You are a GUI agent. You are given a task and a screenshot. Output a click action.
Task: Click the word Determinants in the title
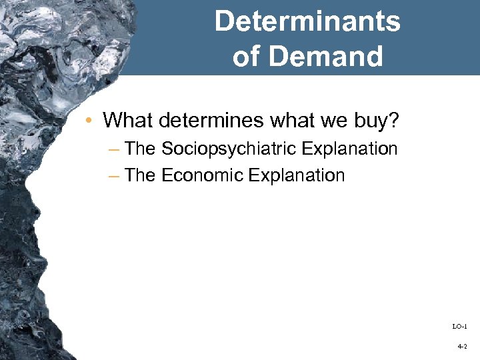(307, 21)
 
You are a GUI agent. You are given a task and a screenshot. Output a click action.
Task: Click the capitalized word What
(127, 120)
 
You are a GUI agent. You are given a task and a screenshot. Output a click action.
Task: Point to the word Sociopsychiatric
(229, 149)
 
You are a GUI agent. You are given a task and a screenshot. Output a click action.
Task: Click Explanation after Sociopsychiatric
(349, 149)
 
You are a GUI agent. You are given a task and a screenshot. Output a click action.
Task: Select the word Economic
(202, 175)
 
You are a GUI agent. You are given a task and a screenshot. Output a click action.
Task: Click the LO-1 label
(460, 326)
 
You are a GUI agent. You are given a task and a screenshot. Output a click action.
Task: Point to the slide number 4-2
(462, 347)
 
